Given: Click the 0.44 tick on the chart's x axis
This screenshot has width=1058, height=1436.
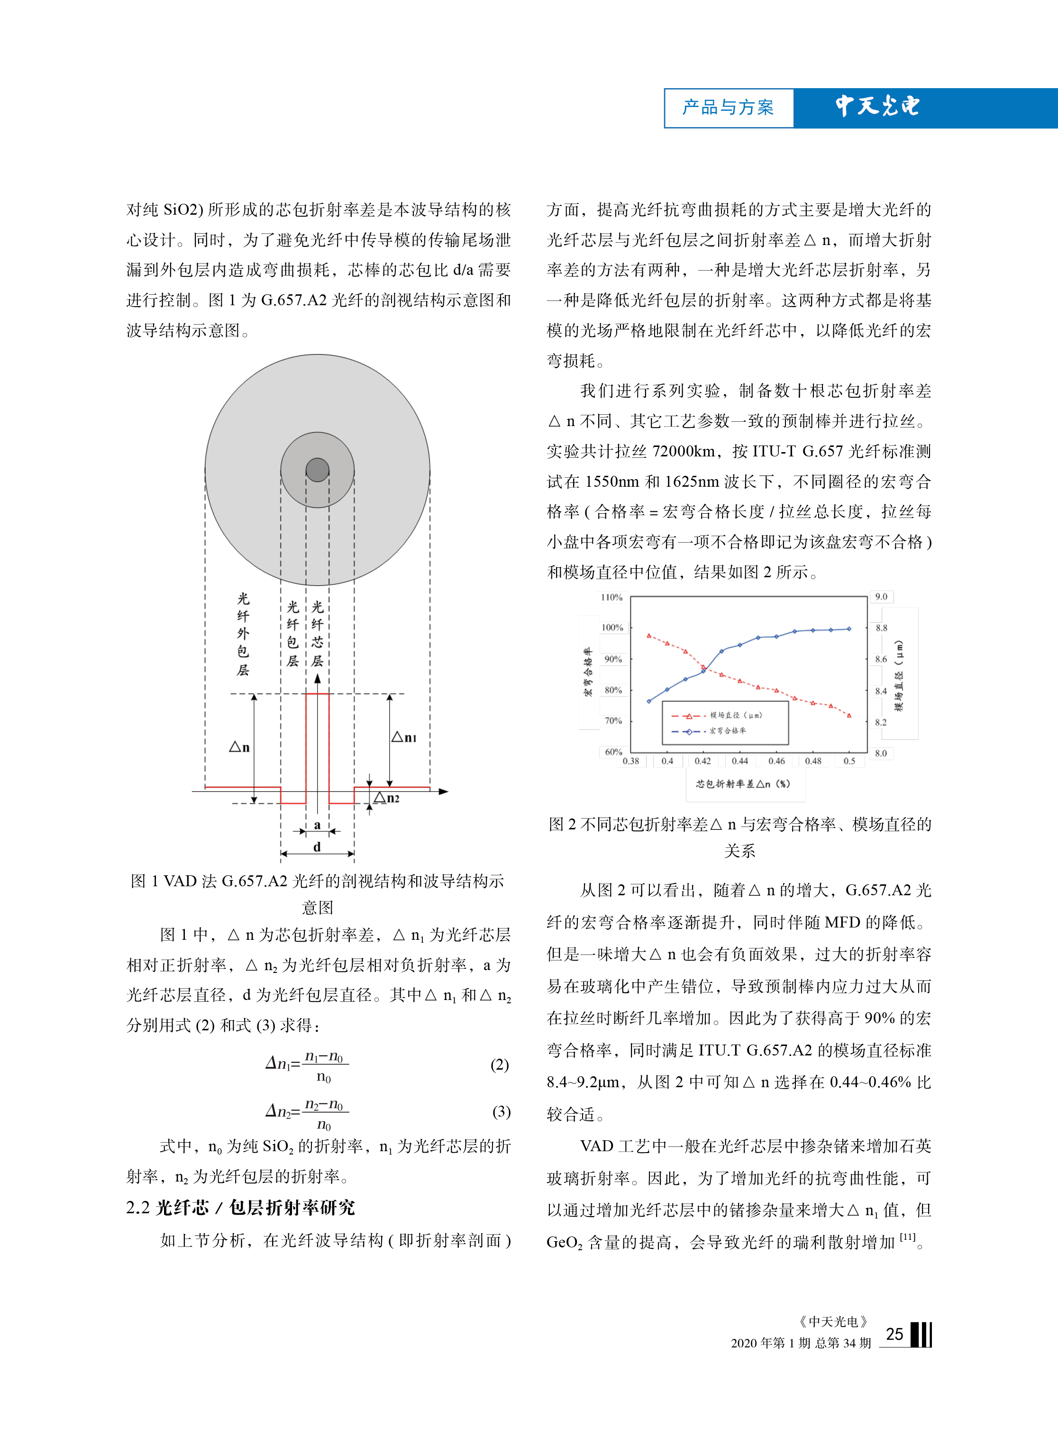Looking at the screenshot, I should [x=740, y=761].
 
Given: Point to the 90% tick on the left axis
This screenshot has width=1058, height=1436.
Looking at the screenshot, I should [x=613, y=659].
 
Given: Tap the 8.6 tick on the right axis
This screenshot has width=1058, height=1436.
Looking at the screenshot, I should [x=881, y=659].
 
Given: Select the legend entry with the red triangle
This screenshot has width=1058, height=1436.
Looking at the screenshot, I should [x=717, y=715].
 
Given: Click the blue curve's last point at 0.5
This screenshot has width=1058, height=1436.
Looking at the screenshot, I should [x=849, y=629].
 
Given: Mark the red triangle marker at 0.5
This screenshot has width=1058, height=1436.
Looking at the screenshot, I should [x=849, y=715].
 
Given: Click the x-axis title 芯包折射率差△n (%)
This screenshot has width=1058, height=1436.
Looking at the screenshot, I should [x=743, y=783].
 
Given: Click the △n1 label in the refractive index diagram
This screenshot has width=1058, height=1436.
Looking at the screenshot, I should [x=404, y=737].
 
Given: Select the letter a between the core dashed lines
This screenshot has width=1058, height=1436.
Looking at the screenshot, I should [x=317, y=825].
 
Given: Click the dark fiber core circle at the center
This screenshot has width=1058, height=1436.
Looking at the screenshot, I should [x=317, y=469].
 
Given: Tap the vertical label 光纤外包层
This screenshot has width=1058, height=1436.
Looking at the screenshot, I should [x=243, y=634].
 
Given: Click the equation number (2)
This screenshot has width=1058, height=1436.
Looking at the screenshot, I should [x=500, y=1064].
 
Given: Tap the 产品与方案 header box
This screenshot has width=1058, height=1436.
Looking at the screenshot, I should [x=728, y=108].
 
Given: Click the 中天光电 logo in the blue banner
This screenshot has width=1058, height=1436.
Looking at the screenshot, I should [x=877, y=106].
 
